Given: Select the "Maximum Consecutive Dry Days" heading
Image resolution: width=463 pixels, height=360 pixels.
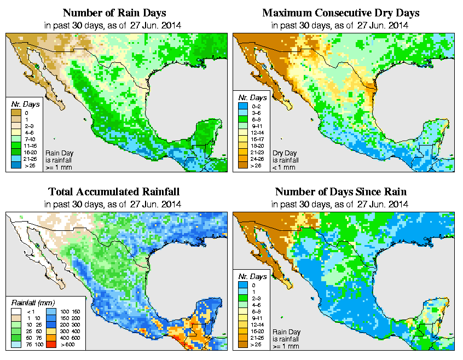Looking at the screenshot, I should click(340, 12).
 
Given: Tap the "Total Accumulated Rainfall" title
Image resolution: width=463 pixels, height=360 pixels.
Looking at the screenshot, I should click(113, 191).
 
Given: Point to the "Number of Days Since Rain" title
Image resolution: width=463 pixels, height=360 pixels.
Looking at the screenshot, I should click(340, 191).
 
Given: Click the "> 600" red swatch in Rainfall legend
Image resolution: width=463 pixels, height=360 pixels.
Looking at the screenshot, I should click(50, 345).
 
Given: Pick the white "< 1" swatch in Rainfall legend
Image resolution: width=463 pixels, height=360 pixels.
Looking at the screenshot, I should click(16, 312).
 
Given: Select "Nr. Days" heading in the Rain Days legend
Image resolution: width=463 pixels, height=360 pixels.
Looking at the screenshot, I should click(22, 103).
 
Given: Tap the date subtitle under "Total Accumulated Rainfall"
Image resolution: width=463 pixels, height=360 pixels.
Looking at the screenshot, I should click(113, 204).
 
